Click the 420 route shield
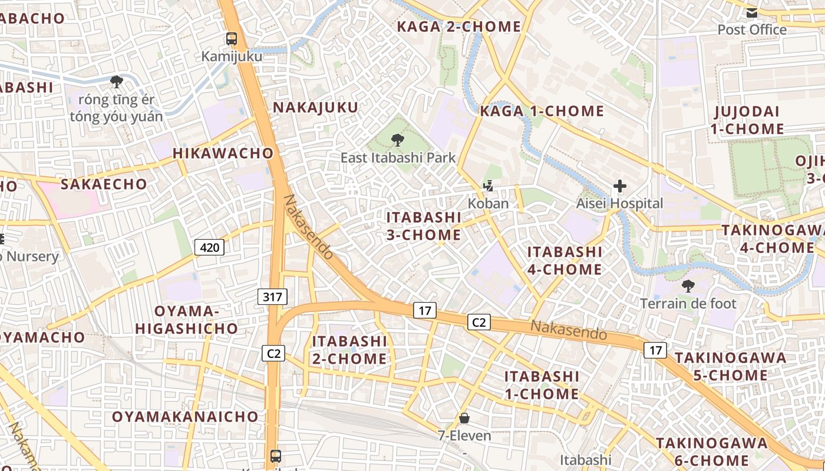(209, 247)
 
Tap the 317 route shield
(272, 297)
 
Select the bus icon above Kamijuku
(232, 39)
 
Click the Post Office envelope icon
(752, 13)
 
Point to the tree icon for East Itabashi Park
(398, 140)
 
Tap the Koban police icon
(488, 187)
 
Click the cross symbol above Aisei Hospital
(619, 187)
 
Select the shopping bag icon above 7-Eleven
(464, 419)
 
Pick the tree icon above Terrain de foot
(688, 287)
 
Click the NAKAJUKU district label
(315, 107)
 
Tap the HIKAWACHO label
(223, 153)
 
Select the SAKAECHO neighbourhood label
(104, 184)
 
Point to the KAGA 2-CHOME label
(459, 26)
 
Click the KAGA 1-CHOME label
(542, 111)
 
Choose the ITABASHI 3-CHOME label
(424, 226)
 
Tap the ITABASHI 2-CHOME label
(349, 350)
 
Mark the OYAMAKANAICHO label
(185, 417)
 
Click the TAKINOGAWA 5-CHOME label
(730, 366)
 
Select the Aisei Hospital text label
(619, 204)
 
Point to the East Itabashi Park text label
(398, 158)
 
